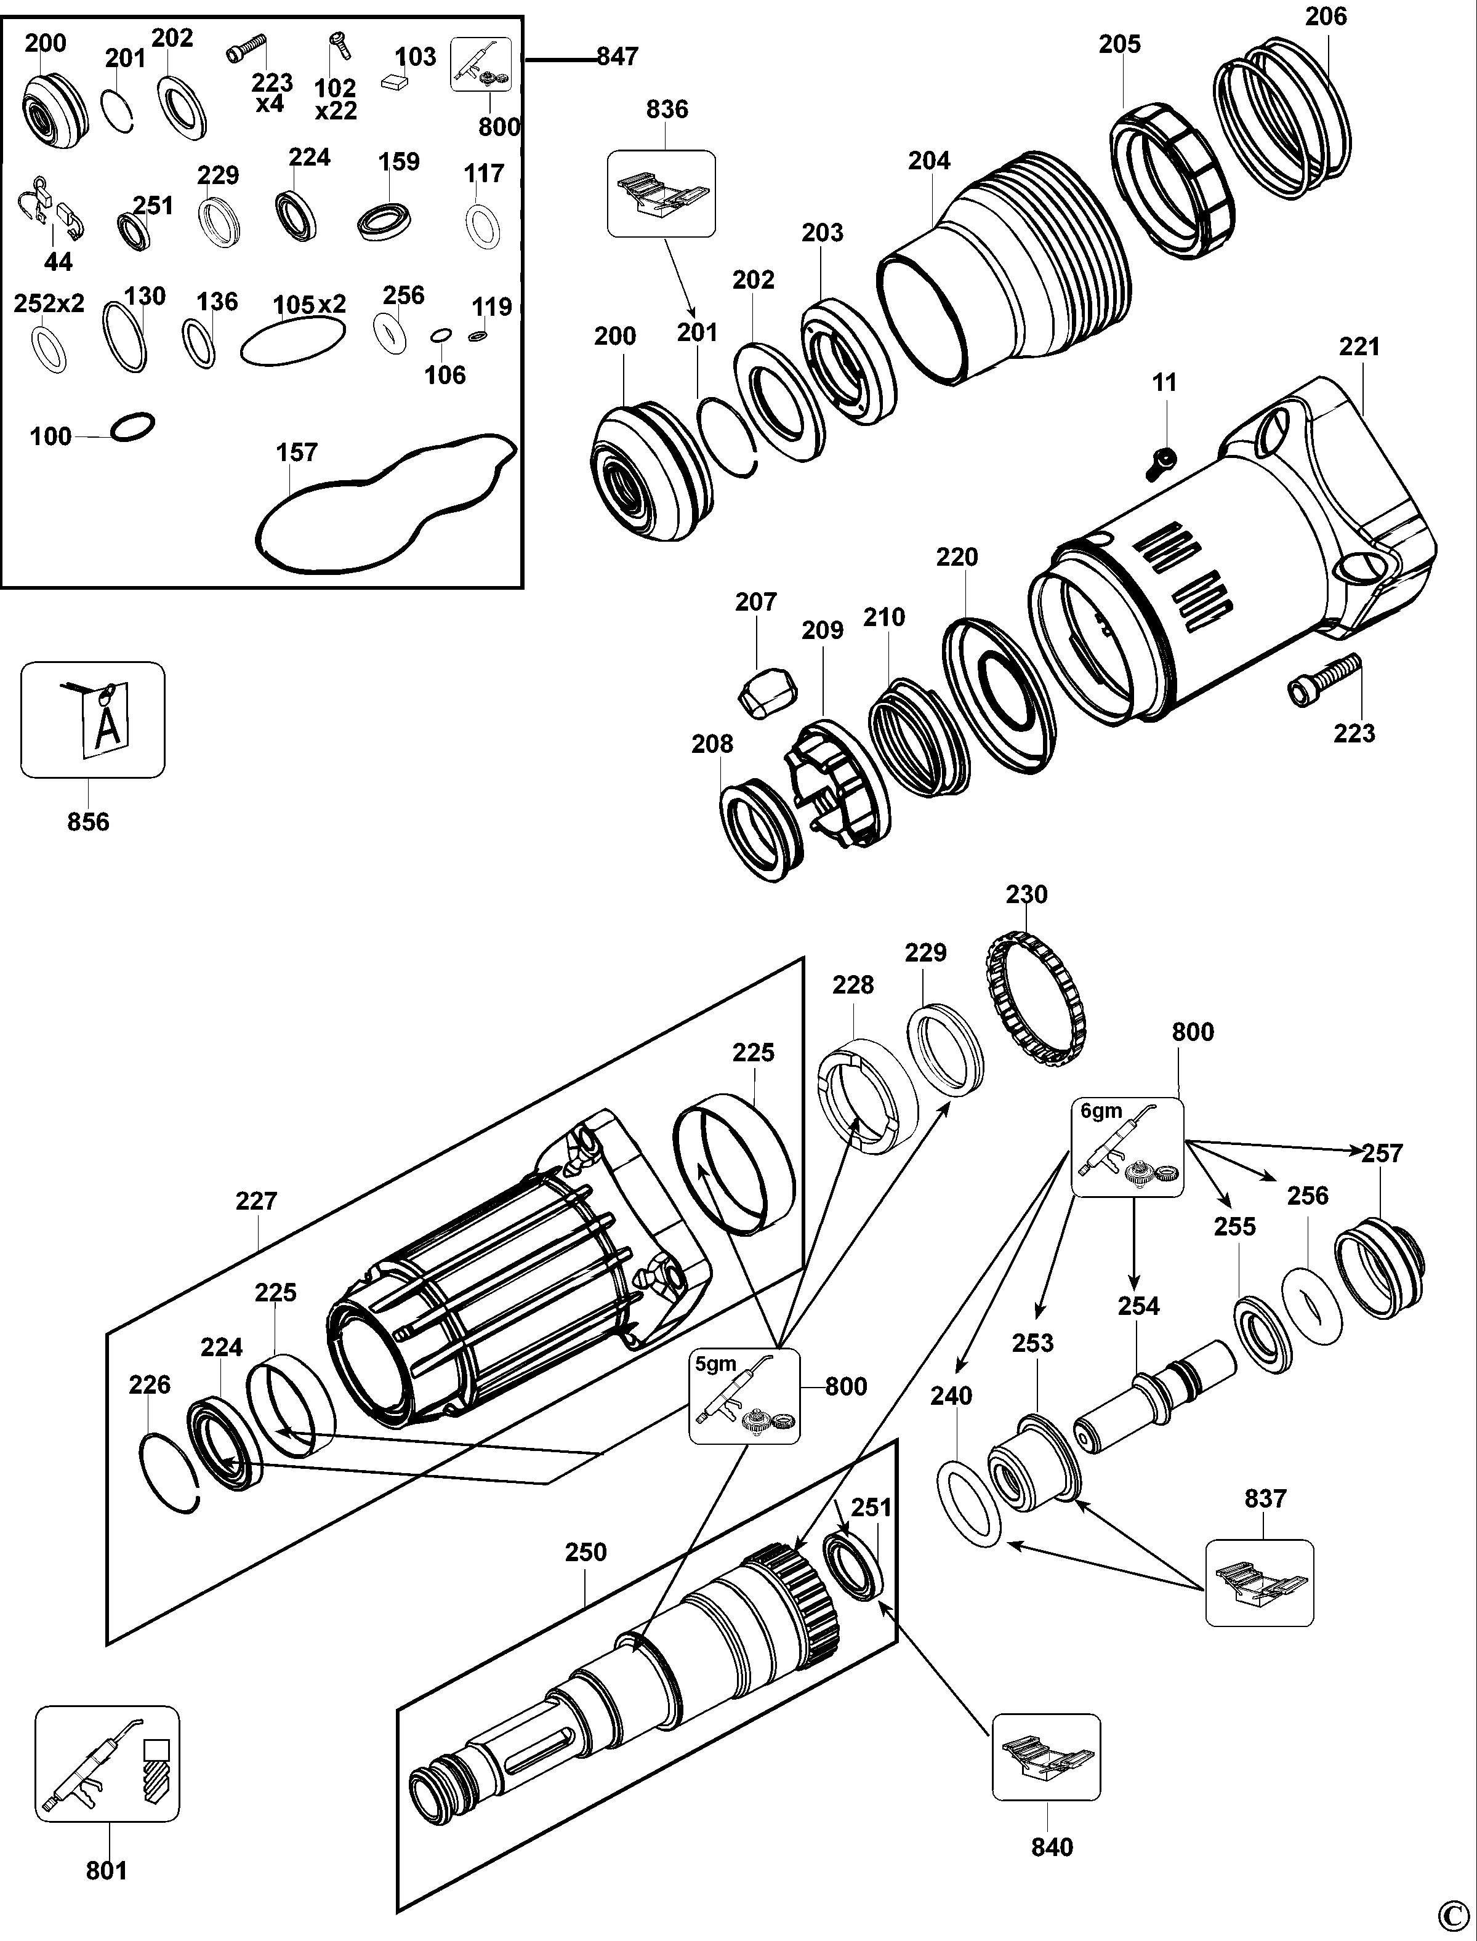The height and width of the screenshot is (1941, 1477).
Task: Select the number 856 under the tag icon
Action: [88, 822]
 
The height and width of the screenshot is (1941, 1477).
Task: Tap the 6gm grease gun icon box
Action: [1127, 1146]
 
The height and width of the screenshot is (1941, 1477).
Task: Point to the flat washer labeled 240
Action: [969, 1503]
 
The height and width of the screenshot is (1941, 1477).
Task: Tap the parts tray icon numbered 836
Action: [661, 193]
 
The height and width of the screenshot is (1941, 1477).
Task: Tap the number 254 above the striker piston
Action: [1138, 1306]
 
